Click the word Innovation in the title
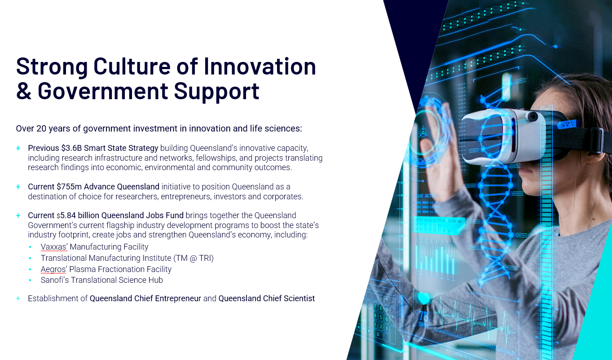[x=260, y=66]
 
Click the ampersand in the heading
[x=24, y=91]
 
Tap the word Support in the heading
[x=216, y=92]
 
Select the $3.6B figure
[x=71, y=148]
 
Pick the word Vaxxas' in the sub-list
[x=54, y=247]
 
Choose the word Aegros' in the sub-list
[x=53, y=270]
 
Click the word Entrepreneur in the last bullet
[x=178, y=299]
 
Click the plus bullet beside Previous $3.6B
[x=18, y=148]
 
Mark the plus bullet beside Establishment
[x=18, y=298]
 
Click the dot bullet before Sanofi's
[x=30, y=280]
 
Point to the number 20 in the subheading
[x=41, y=128]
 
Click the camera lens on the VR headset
[x=533, y=117]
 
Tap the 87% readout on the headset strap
[x=567, y=125]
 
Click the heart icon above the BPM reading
[x=424, y=298]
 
